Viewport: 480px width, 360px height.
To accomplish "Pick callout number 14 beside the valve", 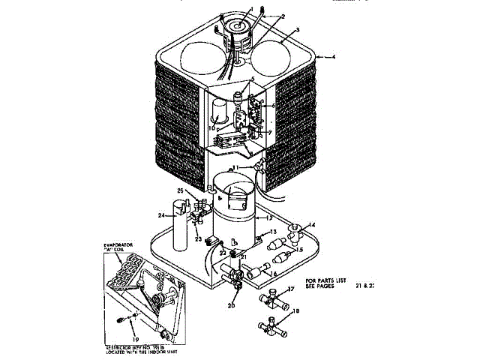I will point(313,224).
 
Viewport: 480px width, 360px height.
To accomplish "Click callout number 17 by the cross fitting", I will point(292,289).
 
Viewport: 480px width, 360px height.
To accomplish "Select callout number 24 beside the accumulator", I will point(160,216).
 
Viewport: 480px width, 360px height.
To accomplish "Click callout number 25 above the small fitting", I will point(180,191).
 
